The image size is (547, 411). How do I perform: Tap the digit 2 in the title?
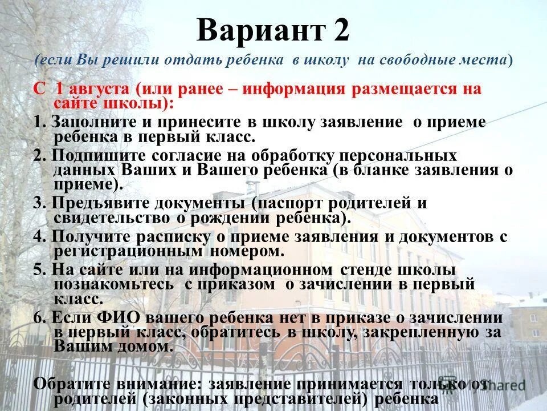tap(338, 30)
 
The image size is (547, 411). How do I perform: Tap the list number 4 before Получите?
tap(38, 237)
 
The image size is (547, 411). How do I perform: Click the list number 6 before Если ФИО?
tap(38, 318)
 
